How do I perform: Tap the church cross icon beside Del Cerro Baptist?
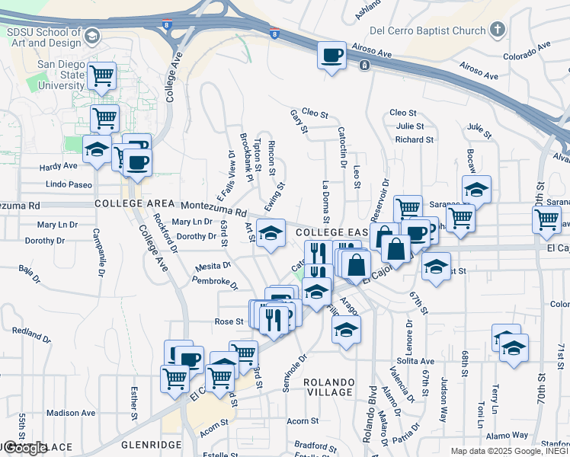[498, 30]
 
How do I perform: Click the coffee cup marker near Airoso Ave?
[332, 56]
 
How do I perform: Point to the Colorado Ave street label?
[527, 51]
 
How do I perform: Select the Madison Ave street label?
[71, 413]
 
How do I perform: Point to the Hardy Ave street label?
[59, 165]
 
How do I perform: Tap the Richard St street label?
[415, 139]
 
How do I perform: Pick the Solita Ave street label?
[415, 361]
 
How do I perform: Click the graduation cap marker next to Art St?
[270, 233]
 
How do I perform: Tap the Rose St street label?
[228, 321]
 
